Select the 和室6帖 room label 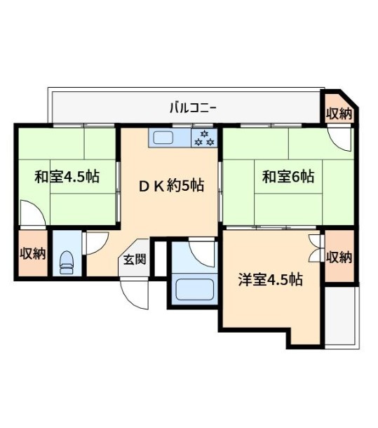(288, 176)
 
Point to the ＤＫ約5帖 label (170, 186)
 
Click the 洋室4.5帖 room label (270, 279)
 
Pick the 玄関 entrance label (135, 258)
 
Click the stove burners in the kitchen (204, 138)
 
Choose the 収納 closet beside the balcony (339, 112)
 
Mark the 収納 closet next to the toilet (32, 253)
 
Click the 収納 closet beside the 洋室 (339, 256)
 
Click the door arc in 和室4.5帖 (32, 212)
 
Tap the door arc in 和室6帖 (342, 140)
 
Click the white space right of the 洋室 (342, 316)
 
